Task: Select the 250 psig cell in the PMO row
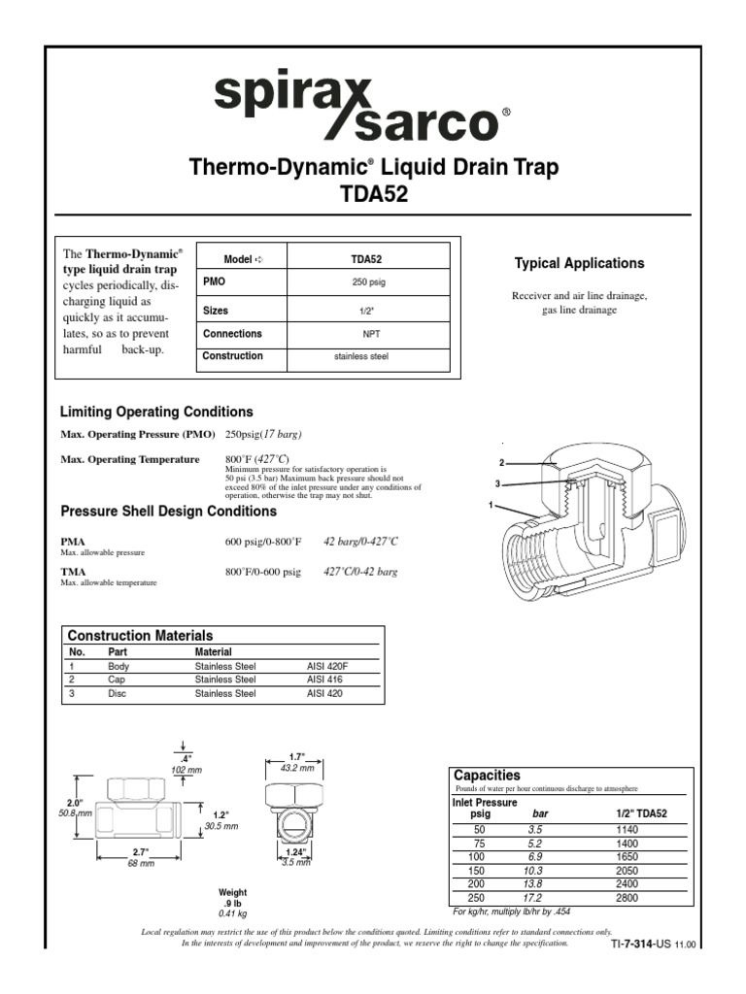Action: click(x=369, y=282)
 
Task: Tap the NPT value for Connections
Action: click(x=369, y=333)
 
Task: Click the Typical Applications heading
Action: click(x=579, y=263)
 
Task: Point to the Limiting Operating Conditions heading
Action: click(x=156, y=412)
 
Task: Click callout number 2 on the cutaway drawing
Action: click(x=502, y=463)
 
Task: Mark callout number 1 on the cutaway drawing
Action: click(x=492, y=506)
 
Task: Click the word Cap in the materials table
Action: click(x=117, y=680)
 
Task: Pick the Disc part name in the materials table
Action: click(x=118, y=694)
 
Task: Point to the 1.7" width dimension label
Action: click(x=297, y=756)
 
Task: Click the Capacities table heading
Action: click(x=488, y=775)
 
